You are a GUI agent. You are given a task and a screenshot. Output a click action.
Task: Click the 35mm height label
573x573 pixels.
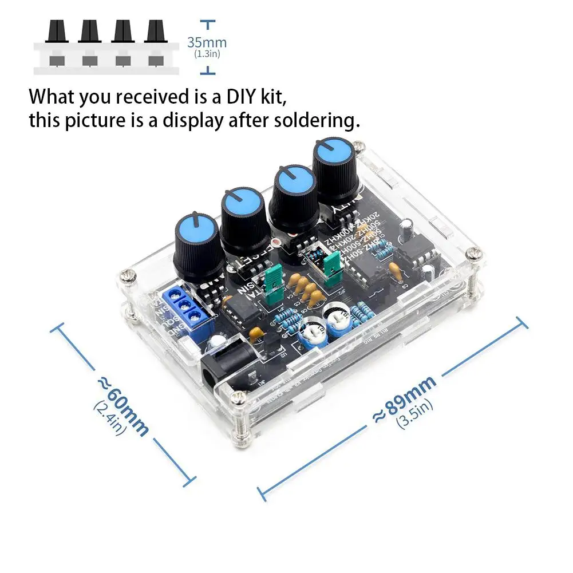pos(207,42)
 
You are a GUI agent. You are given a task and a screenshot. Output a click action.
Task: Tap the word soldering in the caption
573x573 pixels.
pos(313,121)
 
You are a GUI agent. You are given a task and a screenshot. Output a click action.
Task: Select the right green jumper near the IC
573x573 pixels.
pos(331,264)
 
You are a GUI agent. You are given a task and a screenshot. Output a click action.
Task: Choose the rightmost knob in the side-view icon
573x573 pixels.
pos(155,31)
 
